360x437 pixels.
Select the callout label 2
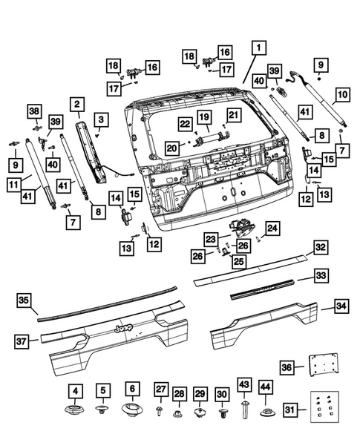tap(78, 105)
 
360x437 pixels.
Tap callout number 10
tap(342, 95)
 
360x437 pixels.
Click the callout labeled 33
tap(320, 275)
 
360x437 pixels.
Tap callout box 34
tap(341, 306)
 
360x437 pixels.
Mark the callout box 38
tap(33, 111)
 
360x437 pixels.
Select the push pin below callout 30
tap(223, 410)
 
